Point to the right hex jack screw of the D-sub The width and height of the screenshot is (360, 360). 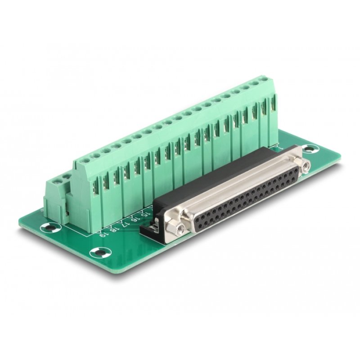[306, 166]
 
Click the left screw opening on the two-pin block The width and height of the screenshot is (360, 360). [54, 182]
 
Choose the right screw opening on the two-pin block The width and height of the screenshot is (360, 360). [66, 177]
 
